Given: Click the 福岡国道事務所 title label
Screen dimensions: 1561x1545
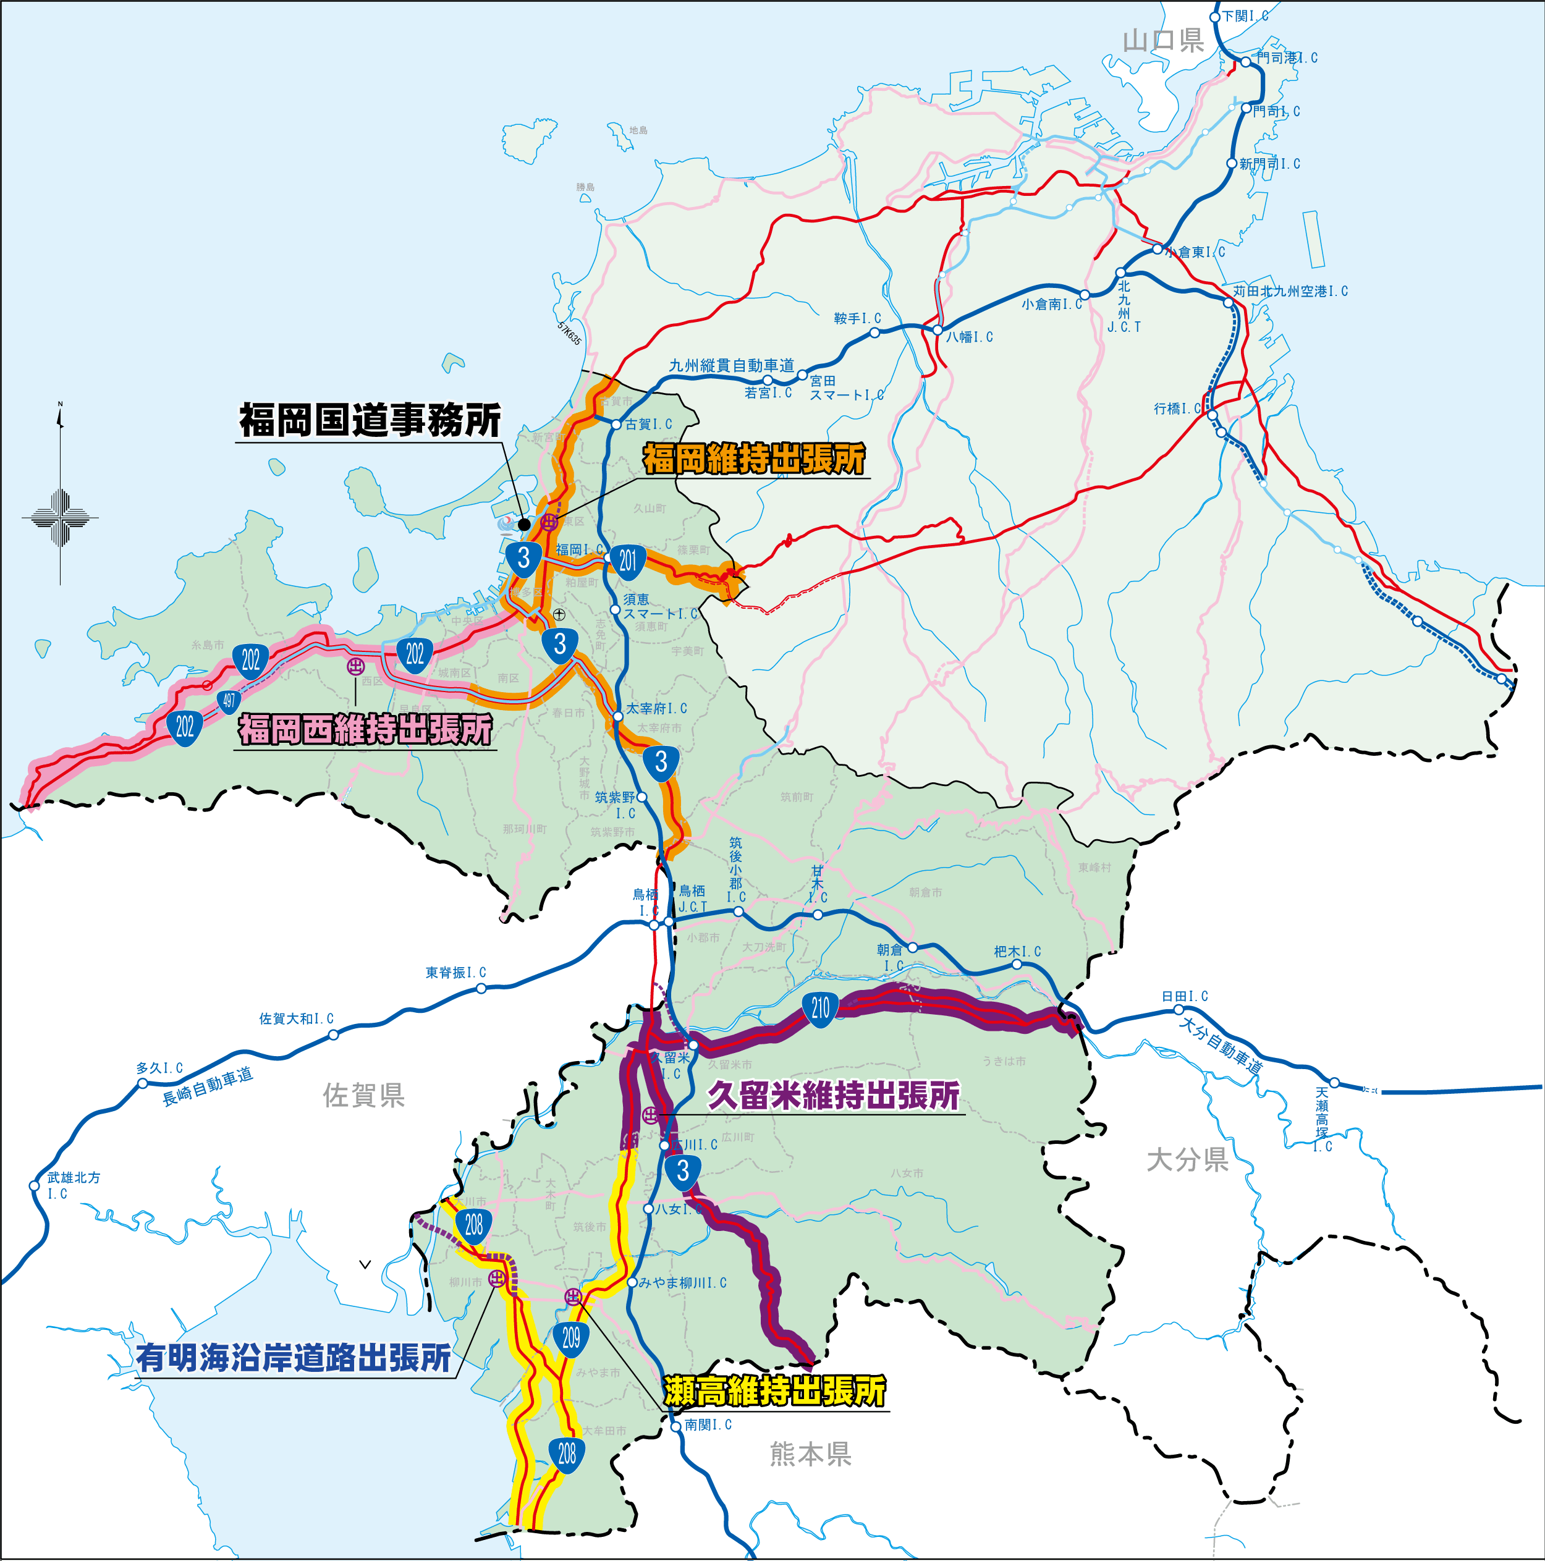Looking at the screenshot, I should point(370,420).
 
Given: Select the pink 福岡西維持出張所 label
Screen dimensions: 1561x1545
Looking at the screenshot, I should point(365,729).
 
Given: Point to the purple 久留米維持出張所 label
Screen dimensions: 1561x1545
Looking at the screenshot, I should point(834,1095).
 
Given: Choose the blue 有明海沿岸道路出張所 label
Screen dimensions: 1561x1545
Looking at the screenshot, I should point(294,1358).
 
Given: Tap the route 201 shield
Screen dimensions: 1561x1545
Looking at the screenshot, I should point(628,560).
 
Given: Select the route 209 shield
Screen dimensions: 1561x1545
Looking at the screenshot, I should point(571,1338).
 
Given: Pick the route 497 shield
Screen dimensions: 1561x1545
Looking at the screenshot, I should point(229,700).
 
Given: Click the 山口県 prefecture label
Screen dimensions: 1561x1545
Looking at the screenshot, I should point(1164,40).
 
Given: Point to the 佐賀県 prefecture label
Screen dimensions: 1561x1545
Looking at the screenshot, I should point(363,1096).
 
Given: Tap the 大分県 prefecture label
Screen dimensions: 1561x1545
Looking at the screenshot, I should point(1187,1159).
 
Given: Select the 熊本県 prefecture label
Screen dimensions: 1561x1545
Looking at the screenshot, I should point(810,1454).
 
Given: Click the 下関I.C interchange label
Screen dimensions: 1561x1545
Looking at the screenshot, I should point(1245,15).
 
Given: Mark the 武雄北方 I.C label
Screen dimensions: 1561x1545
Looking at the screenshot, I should point(73,1185).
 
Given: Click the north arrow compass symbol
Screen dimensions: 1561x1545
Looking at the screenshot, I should point(61,493).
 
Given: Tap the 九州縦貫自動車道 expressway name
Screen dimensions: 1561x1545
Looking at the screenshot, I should point(731,365).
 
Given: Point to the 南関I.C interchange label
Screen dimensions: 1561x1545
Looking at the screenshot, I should point(708,1424).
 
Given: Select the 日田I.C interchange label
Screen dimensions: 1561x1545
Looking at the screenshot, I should point(1185,996).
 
